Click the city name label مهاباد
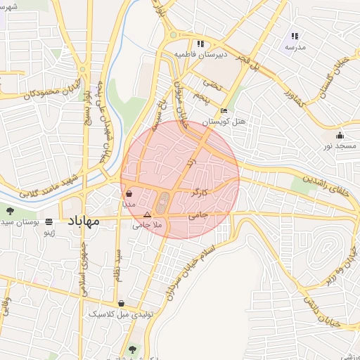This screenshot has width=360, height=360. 84,221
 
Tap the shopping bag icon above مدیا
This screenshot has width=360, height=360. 129,193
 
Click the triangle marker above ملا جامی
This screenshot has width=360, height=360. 147,214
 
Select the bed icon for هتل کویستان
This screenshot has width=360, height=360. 224,110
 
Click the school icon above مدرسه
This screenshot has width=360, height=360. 295,36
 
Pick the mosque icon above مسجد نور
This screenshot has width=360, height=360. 340,136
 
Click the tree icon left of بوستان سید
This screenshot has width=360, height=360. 11,210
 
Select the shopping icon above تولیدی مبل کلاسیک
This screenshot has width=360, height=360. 122,304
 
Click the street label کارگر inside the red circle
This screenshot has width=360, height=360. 199,191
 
